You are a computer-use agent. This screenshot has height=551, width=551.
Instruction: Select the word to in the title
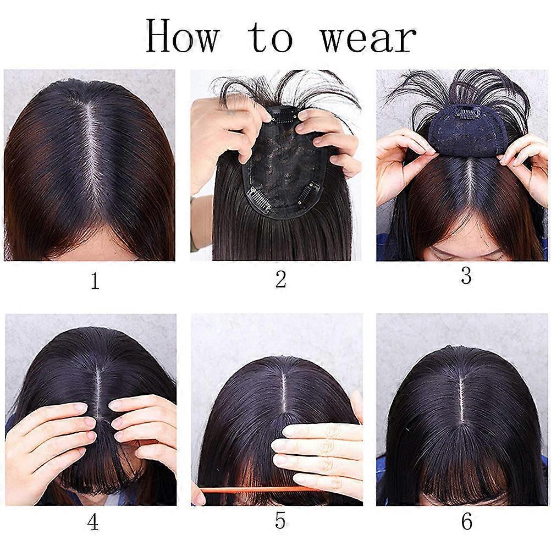(x=271, y=37)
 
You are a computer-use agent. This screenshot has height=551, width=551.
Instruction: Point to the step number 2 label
(x=280, y=280)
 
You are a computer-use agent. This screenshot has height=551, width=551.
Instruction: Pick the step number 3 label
(x=466, y=276)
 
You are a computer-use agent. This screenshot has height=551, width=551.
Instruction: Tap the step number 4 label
(x=93, y=522)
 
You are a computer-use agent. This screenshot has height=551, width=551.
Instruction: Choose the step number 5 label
(x=280, y=521)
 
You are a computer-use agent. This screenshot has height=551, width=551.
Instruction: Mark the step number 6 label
(x=467, y=522)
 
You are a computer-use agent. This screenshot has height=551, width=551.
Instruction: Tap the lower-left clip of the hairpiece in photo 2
(x=260, y=200)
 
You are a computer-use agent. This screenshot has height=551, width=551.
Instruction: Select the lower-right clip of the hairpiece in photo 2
(x=307, y=192)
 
